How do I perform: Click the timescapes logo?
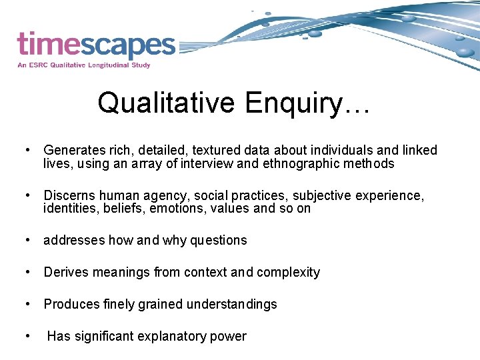pyautogui.click(x=96, y=45)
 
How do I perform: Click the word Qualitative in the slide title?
pyautogui.click(x=166, y=103)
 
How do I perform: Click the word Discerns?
pyautogui.click(x=69, y=195)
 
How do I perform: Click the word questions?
pyautogui.click(x=219, y=240)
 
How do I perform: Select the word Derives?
pyautogui.click(x=65, y=272)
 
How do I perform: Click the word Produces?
pyautogui.click(x=71, y=304)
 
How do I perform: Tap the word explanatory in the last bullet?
pyautogui.click(x=173, y=336)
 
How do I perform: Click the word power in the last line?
pyautogui.click(x=229, y=336)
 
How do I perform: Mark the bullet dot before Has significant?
pyautogui.click(x=27, y=336)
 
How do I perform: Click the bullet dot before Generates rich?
pyautogui.click(x=27, y=150)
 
